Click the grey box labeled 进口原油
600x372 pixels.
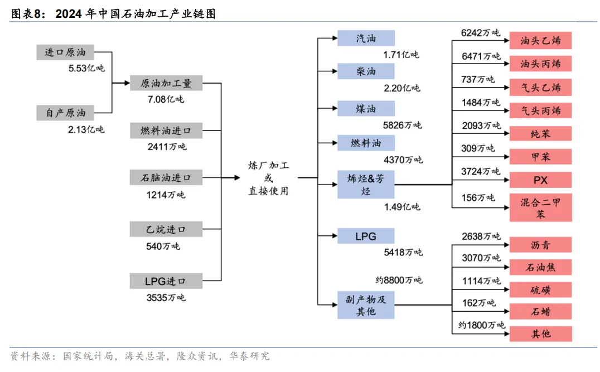[65, 52]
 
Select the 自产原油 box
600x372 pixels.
[65, 113]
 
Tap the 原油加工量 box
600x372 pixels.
[166, 83]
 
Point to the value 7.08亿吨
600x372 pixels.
[165, 99]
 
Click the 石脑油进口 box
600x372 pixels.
[166, 178]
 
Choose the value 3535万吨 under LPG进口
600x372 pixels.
[166, 297]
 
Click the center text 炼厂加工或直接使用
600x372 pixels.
[268, 178]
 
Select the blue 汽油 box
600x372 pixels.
[366, 38]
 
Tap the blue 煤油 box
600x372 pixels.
[366, 109]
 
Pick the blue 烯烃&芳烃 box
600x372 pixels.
[366, 185]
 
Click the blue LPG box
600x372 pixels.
[366, 236]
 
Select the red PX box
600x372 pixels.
[540, 180]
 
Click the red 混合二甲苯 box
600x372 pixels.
[540, 207]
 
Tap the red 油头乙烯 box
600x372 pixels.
[540, 41]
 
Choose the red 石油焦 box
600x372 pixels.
[540, 267]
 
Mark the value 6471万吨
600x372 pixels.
[481, 56]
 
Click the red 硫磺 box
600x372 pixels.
[540, 289]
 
